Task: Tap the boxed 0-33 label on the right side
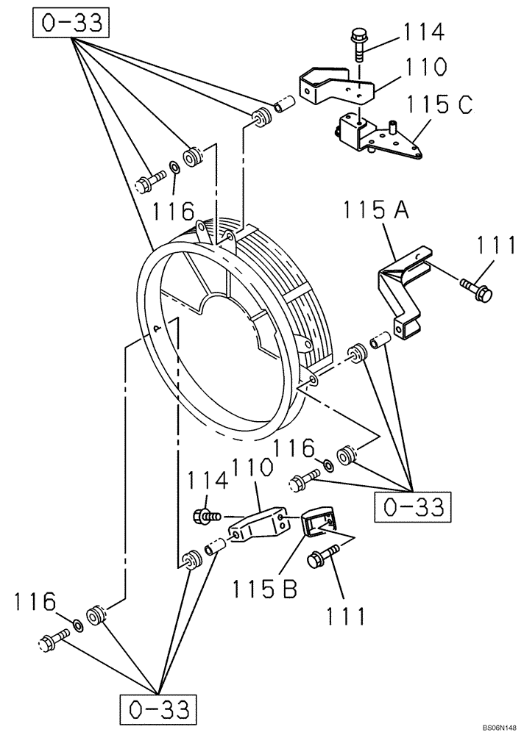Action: [412, 506]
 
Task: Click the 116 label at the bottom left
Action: [35, 602]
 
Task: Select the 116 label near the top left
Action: [173, 212]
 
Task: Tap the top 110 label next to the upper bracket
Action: [419, 68]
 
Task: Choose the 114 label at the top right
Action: [422, 33]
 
